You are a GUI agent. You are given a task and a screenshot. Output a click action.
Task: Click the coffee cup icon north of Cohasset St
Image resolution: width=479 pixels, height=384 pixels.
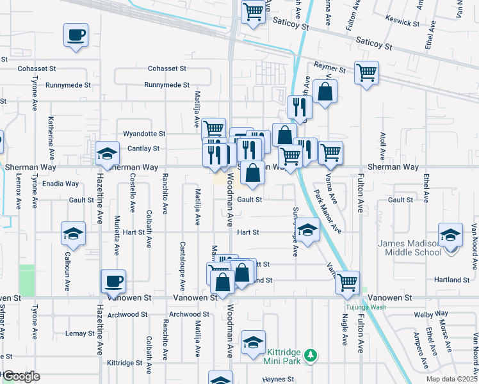[76, 35]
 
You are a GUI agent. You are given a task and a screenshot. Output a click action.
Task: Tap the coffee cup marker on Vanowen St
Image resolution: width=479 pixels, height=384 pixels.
[114, 281]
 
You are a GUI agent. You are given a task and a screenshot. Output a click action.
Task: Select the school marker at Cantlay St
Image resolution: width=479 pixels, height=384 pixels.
[107, 153]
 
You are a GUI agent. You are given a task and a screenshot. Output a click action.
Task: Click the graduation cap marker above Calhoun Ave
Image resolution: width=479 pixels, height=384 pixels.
[73, 234]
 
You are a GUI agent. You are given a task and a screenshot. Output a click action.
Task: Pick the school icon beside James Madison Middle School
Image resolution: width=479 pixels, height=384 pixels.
[450, 234]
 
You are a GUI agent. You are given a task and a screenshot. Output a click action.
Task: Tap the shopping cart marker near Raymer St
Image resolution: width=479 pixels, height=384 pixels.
[366, 72]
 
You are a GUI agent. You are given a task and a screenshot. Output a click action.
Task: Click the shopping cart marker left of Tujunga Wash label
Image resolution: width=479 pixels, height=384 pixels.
[347, 282]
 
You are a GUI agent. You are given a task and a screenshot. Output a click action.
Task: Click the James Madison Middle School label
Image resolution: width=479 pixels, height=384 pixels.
[410, 247]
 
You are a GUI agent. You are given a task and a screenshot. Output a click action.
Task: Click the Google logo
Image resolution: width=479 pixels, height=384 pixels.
[21, 377]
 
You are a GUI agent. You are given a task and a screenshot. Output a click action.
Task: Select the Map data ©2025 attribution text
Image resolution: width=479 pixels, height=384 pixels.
[451, 379]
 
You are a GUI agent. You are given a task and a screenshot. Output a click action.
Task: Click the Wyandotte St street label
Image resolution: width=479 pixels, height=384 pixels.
[144, 134]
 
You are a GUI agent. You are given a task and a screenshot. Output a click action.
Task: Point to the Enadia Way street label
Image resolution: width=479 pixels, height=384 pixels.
[60, 184]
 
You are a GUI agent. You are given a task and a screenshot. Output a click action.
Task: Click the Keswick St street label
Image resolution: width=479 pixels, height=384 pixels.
[403, 20]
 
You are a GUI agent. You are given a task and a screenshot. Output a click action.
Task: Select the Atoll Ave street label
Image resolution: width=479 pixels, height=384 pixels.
[382, 147]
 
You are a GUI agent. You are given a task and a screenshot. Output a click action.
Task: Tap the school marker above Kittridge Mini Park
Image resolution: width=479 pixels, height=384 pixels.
[253, 342]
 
